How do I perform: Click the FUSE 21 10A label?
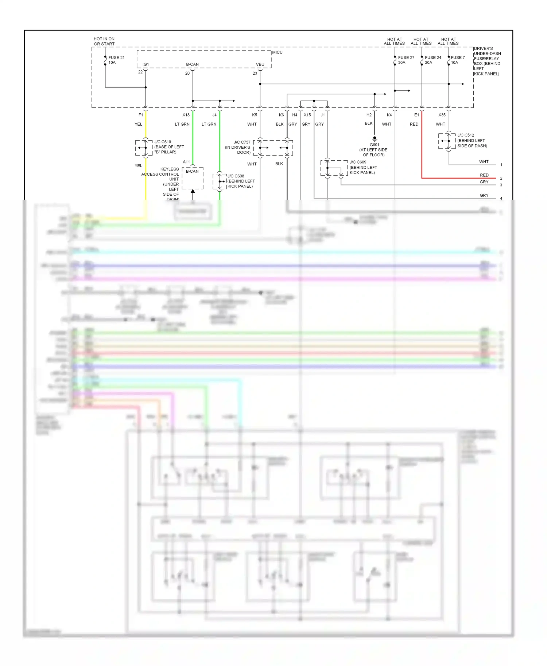(116, 60)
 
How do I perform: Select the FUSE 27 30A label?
(406, 60)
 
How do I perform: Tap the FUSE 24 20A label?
(433, 60)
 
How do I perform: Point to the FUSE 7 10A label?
(457, 60)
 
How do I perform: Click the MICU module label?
(277, 52)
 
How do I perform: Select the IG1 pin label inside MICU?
(146, 64)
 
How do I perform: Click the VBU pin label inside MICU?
(260, 64)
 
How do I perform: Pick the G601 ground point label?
(374, 145)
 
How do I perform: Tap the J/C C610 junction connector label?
(163, 142)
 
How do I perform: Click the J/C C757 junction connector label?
(242, 142)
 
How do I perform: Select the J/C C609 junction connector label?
(358, 162)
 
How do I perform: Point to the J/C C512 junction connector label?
(466, 135)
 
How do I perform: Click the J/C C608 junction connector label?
(236, 176)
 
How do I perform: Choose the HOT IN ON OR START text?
(104, 42)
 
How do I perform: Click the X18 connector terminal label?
(186, 115)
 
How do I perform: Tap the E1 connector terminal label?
(416, 115)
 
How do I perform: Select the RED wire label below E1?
(414, 124)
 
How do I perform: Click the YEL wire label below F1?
(138, 124)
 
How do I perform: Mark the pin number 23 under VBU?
(255, 74)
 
